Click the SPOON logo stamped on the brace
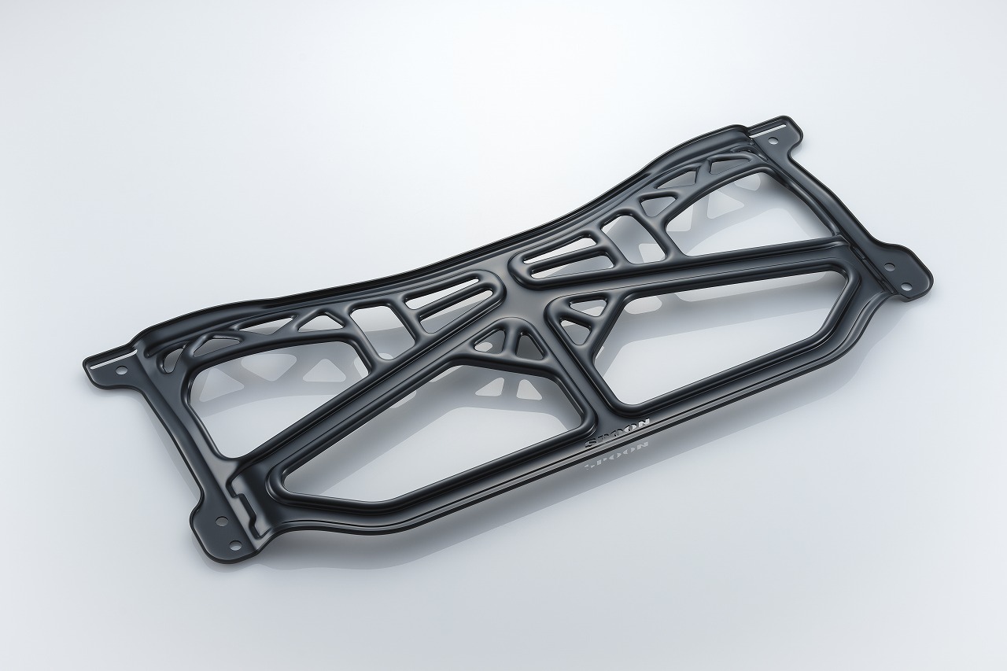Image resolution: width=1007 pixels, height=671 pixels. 618,433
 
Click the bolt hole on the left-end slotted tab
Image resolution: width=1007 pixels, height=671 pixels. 121,369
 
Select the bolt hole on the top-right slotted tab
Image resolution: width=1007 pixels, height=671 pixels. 774,142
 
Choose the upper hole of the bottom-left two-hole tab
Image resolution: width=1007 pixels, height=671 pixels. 219,521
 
